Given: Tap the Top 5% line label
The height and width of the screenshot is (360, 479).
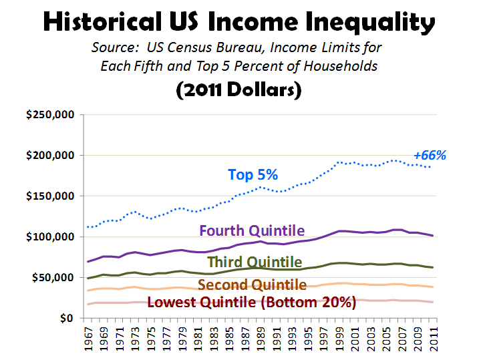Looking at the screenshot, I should (253, 175).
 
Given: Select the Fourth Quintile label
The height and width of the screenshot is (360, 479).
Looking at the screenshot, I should (253, 230).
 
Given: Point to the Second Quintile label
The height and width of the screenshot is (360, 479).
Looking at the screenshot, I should (253, 285).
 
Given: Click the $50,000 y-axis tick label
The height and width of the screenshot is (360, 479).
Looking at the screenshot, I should (53, 278).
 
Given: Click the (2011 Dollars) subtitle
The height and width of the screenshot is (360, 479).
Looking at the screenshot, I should (239, 89).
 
